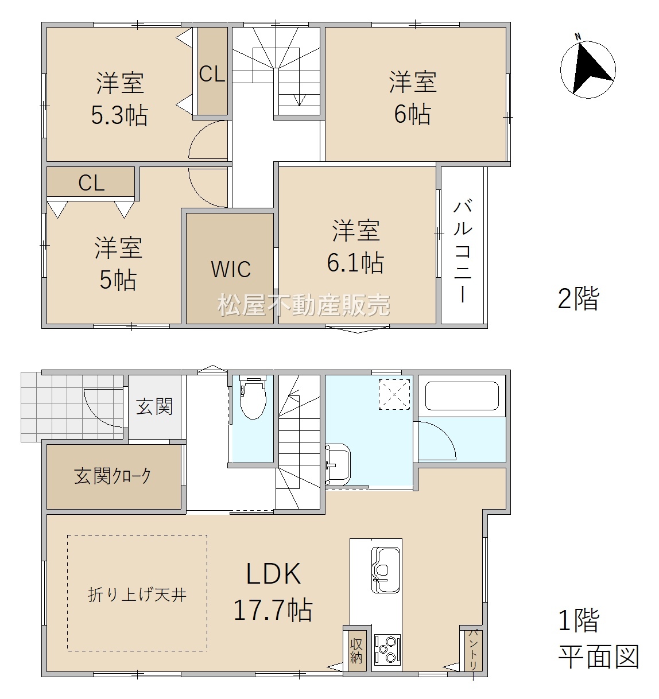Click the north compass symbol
(x=587, y=69)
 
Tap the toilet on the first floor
(x=252, y=397)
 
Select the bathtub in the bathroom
(x=462, y=396)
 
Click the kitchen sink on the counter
(x=386, y=569)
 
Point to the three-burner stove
(x=387, y=648)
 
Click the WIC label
(x=231, y=269)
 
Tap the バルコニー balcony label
(x=463, y=251)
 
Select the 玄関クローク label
(x=113, y=476)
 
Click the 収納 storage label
(x=356, y=651)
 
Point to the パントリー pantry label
(x=474, y=650)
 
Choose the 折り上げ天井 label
(x=137, y=595)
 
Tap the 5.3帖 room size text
(x=119, y=115)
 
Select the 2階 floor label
(x=578, y=298)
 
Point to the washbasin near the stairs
(x=338, y=464)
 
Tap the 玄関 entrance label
(x=154, y=407)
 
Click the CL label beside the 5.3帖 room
(x=212, y=74)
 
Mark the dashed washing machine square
(x=394, y=395)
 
